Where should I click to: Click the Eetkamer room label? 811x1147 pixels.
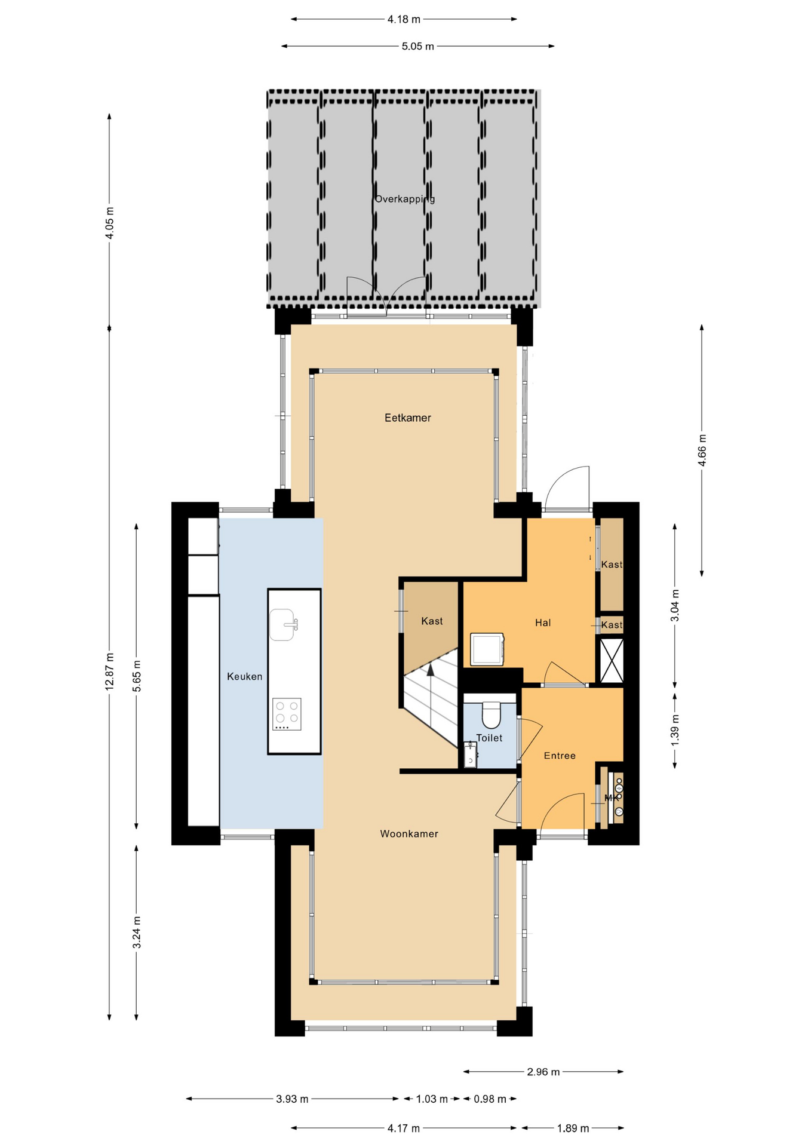407,418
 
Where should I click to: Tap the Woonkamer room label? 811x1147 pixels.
409,833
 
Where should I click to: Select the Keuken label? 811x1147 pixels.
244,676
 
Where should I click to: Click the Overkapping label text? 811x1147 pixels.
404,199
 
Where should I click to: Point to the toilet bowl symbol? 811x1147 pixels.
491,715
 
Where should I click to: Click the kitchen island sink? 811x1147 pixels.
282,625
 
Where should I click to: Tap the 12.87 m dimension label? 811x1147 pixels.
109,672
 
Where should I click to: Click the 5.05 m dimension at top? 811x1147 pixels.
417,46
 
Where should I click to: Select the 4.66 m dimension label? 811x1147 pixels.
702,450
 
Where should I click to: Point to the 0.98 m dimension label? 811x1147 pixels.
490,1099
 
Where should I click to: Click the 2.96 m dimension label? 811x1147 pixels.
543,1072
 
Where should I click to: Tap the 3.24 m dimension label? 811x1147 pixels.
137,933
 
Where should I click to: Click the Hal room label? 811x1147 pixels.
542,622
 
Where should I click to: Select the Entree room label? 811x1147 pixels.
560,756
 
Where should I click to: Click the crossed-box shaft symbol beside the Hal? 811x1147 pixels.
611,660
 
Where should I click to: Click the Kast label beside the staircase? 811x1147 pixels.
432,621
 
